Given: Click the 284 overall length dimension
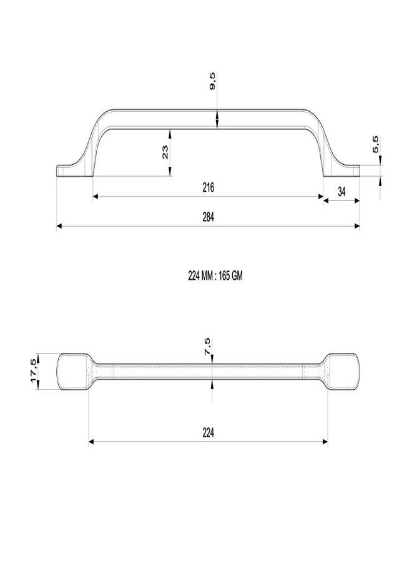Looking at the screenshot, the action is (208, 217).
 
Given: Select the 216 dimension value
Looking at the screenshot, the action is (208, 187).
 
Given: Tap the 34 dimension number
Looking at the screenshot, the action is (342, 192).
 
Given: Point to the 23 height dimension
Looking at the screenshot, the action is (165, 152).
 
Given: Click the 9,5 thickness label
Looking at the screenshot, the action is (212, 81).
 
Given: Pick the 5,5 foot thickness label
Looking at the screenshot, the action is (376, 145).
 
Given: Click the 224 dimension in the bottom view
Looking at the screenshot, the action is (208, 433).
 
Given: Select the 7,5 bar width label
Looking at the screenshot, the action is (207, 347).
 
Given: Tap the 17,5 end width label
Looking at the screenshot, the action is (33, 370).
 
